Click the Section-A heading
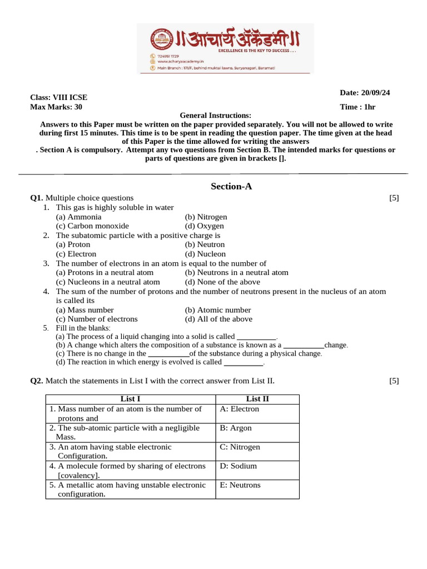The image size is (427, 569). [x=231, y=187]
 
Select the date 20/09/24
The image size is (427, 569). [x=365, y=93]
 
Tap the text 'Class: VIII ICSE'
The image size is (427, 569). [x=58, y=98]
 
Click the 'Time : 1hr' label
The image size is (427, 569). [x=358, y=107]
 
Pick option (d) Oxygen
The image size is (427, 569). [x=205, y=226]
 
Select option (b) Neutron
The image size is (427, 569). [x=205, y=244]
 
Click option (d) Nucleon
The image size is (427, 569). [x=205, y=254]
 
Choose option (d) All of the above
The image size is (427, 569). [x=219, y=319]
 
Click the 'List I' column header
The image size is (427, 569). [x=130, y=399]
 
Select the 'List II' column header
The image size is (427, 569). [x=257, y=399]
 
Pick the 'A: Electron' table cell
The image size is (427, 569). [x=239, y=409]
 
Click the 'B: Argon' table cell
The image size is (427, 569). [x=236, y=428]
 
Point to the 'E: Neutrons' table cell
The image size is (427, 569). [x=240, y=485]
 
